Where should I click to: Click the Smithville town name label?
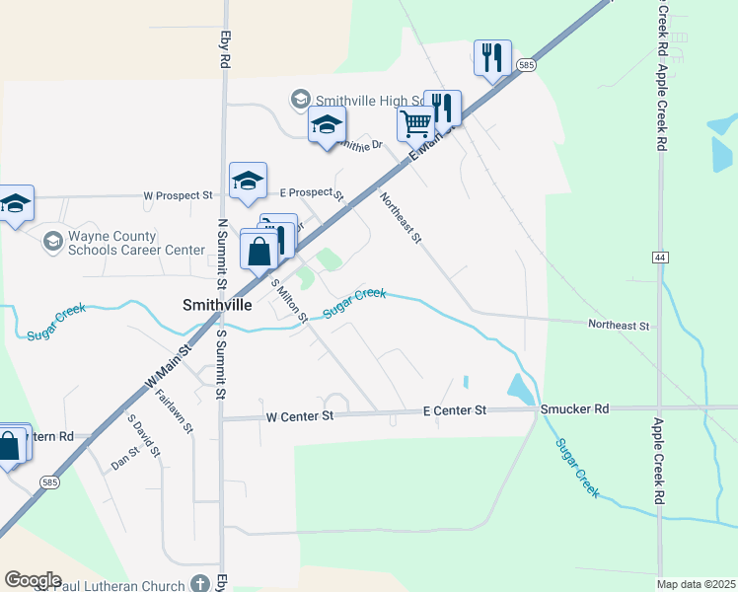pyautogui.click(x=217, y=306)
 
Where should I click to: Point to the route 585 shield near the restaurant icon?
pyautogui.click(x=526, y=65)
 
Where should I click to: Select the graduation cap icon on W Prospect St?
pyautogui.click(x=248, y=180)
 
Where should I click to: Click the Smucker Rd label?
pyautogui.click(x=574, y=408)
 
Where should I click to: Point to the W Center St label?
pyautogui.click(x=301, y=416)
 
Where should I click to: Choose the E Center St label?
pyautogui.click(x=455, y=409)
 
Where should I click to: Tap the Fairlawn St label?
pyautogui.click(x=174, y=412)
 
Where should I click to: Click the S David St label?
pyautogui.click(x=143, y=435)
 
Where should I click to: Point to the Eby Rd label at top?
pyautogui.click(x=225, y=46)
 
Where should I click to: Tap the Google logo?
pyautogui.click(x=34, y=579)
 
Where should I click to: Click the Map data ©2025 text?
pyautogui.click(x=697, y=584)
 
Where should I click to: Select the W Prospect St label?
pyautogui.click(x=179, y=195)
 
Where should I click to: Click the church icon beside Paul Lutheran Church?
pyautogui.click(x=200, y=584)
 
